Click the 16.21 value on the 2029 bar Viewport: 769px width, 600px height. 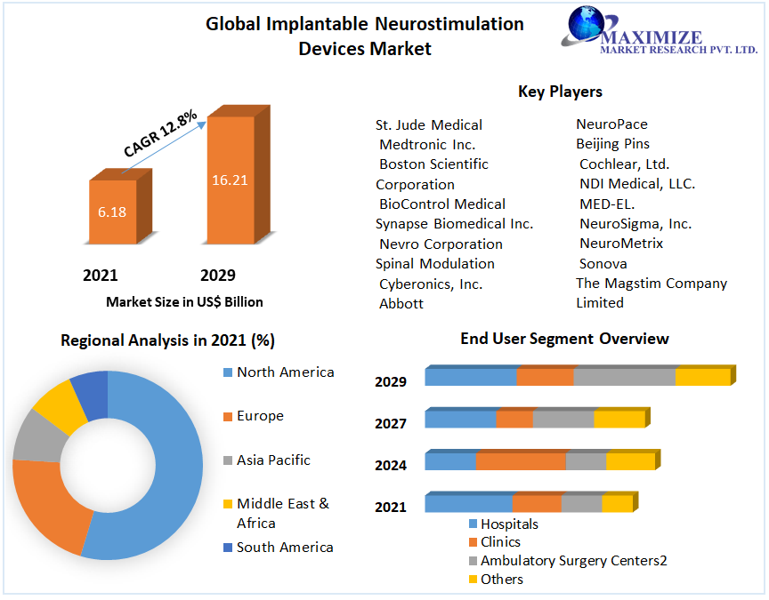(229, 180)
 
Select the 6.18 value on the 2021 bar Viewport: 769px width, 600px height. (112, 212)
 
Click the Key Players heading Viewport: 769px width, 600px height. (560, 92)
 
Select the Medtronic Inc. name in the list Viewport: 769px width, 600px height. (427, 144)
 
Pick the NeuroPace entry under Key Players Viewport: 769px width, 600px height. (611, 124)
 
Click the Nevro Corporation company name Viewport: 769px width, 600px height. (441, 244)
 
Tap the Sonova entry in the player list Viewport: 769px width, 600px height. (603, 263)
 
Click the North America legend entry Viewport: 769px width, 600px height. (285, 372)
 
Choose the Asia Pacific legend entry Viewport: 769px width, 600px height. (273, 460)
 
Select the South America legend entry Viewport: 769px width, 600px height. (285, 547)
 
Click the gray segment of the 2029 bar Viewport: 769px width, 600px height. (624, 377)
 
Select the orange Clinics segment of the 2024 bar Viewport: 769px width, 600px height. (521, 461)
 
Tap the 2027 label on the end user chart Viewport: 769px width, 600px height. (391, 424)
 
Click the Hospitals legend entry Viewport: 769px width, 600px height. (508, 524)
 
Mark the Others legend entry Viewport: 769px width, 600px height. (501, 579)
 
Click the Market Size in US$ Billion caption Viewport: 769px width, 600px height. (184, 302)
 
